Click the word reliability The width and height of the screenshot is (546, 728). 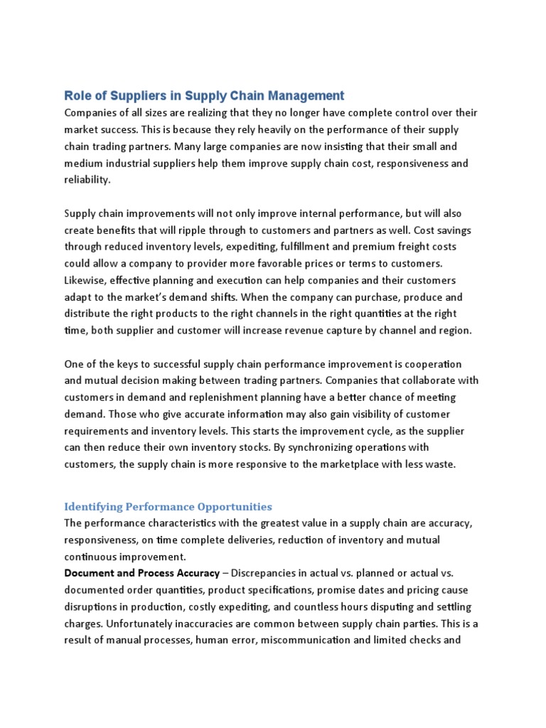point(88,180)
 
